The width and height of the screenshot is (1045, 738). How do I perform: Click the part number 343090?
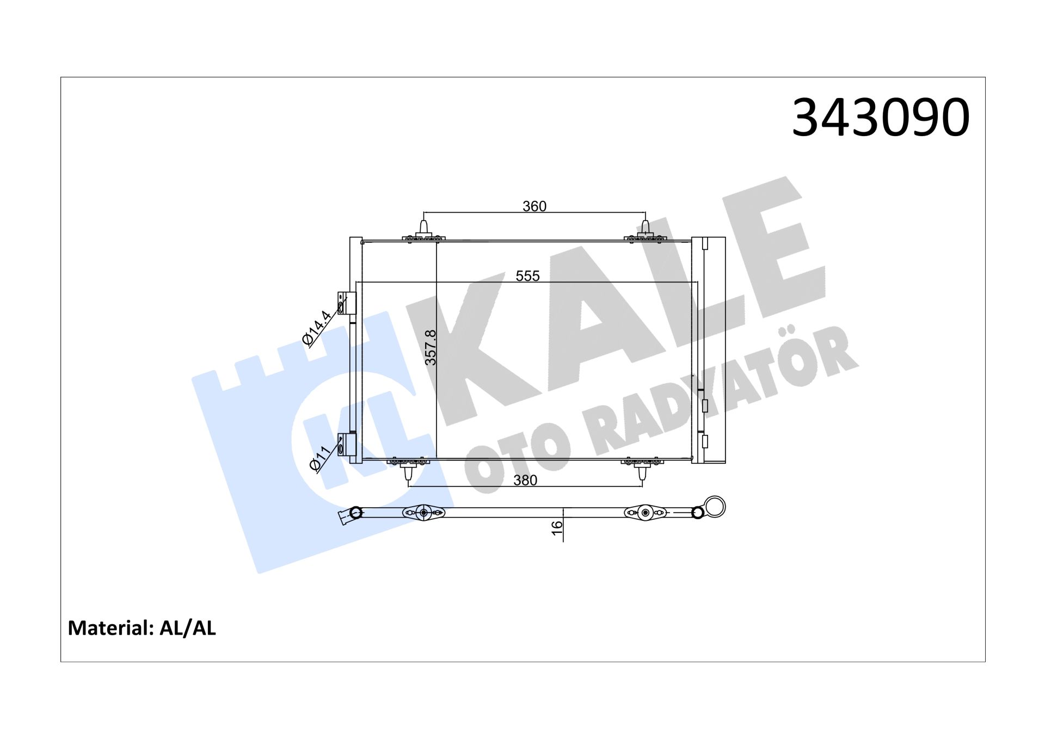point(880,118)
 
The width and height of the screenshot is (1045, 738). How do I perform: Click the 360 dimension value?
point(534,206)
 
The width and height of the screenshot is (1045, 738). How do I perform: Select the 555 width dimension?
point(527,276)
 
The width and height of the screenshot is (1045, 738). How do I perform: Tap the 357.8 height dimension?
point(431,347)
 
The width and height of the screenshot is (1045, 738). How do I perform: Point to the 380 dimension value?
point(525,480)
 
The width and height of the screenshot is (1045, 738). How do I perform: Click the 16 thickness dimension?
point(557,527)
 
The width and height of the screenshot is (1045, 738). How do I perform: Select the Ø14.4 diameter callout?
point(317,328)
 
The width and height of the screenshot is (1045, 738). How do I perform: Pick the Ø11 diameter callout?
point(319,458)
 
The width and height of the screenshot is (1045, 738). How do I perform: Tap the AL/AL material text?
point(188,628)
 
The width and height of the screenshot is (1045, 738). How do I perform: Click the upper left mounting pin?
point(423,229)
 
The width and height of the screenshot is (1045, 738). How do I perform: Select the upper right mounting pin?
point(646,229)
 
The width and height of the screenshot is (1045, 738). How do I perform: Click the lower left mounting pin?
point(409,472)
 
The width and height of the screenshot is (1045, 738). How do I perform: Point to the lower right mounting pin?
point(642,472)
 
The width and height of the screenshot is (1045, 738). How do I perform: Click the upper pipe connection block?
point(347,303)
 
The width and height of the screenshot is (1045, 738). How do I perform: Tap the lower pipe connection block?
point(347,444)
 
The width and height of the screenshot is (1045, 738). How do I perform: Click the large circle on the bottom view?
point(715,507)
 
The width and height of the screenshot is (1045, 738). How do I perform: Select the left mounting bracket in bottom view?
point(423,513)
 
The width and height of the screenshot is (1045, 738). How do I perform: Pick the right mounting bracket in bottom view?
point(646,513)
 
